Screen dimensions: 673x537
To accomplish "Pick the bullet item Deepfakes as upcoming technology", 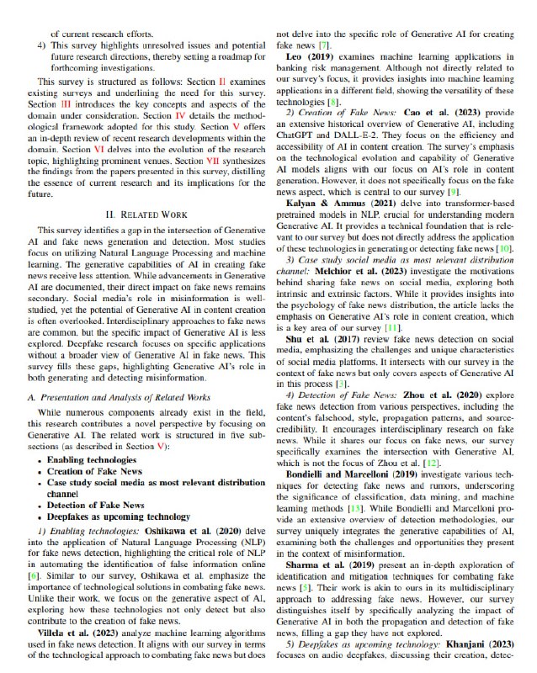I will point(119,516).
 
